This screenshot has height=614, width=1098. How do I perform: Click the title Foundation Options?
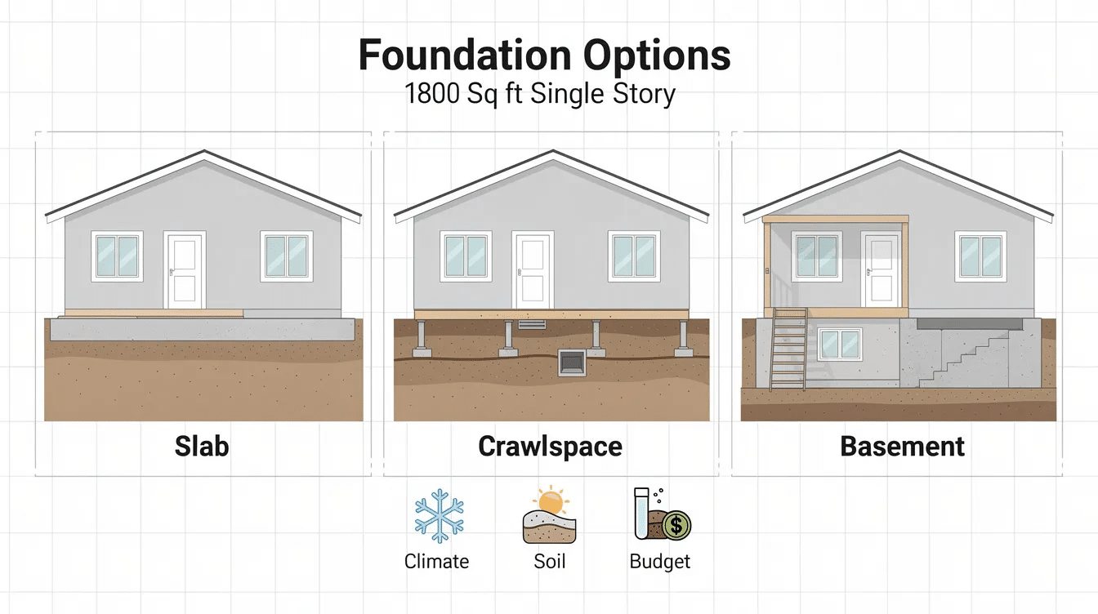coord(544,56)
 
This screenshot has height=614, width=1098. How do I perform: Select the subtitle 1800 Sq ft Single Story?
coord(540,94)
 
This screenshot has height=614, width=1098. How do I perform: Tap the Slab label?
coord(202,446)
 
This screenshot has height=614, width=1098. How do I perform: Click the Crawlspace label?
coord(550,447)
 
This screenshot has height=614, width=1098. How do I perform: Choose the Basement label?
coord(902,447)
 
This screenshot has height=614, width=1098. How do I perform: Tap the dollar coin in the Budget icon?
coord(676,527)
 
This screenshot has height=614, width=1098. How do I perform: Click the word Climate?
coord(436,562)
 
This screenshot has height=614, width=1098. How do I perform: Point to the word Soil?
coord(549,562)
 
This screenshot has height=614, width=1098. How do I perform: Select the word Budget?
coord(660,562)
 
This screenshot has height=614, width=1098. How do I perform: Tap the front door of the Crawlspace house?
coord(531,269)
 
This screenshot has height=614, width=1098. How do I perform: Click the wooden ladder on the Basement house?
coord(788,349)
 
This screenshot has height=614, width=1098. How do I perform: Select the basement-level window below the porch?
coord(839,345)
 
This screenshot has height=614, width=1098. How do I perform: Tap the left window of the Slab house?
coord(118,256)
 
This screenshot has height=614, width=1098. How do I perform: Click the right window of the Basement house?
coord(980,256)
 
